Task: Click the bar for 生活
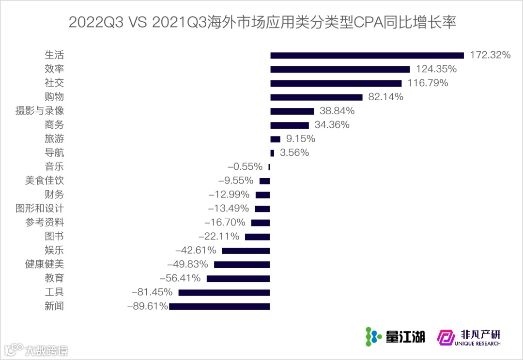tap(367, 55)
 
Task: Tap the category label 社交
tap(54, 83)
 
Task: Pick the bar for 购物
tap(316, 97)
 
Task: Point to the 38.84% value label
tap(337, 111)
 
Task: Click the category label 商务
tap(54, 125)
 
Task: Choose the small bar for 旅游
tap(275, 139)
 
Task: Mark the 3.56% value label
tap(294, 153)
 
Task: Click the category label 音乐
tap(54, 167)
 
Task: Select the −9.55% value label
tap(236, 181)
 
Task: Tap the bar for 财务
tap(262, 195)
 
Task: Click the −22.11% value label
tap(219, 237)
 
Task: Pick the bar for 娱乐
tap(246, 251)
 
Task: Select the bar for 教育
tap(238, 279)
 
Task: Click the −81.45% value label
tap(152, 292)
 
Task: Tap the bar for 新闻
tap(219, 306)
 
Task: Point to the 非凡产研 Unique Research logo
tap(469, 337)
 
